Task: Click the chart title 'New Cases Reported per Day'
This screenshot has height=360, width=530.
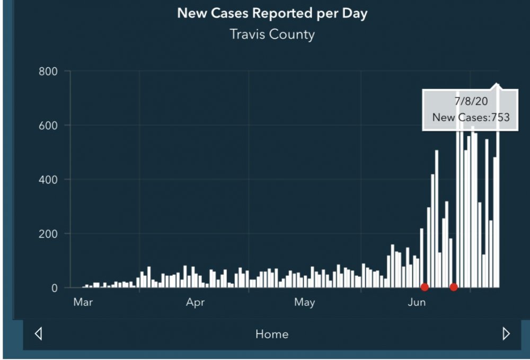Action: coord(272,13)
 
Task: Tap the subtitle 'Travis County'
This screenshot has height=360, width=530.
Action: coord(272,35)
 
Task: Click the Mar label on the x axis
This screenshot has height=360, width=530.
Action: coord(83,303)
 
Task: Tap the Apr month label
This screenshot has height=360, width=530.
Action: coord(195,303)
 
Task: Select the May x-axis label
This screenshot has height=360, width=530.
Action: coord(304,303)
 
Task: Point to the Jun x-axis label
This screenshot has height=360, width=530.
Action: coord(417,303)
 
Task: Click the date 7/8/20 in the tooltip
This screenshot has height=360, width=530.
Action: coord(471,101)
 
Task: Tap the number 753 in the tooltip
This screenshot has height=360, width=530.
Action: coord(500,118)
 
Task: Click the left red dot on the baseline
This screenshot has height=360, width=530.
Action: coord(425,287)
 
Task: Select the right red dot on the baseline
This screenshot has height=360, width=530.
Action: coord(454,287)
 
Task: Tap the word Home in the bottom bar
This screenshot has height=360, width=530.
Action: coord(272,334)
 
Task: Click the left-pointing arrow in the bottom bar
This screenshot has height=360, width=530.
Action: coord(38,333)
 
